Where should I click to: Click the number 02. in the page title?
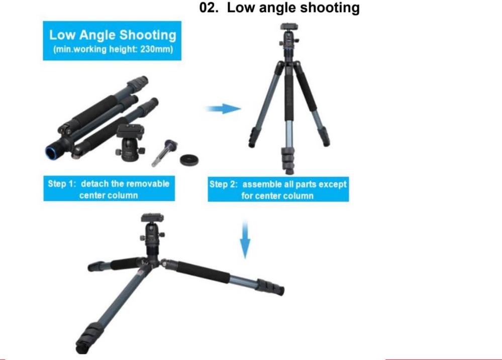coord(209,8)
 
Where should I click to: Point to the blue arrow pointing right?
coord(223,109)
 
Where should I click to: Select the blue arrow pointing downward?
coord(245,239)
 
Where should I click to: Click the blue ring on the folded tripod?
coord(51,153)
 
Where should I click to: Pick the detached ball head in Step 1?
coord(130,141)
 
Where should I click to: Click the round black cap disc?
coord(189,159)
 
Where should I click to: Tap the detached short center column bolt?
coord(164,153)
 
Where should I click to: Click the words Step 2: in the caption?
coord(224,185)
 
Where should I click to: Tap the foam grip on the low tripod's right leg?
coord(203,272)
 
